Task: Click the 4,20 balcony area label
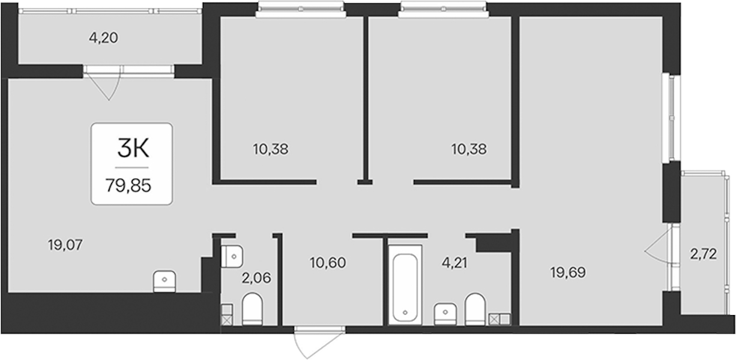[x=103, y=38]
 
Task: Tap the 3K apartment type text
[x=133, y=148]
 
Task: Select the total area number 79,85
[x=128, y=186]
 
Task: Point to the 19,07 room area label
[x=65, y=245]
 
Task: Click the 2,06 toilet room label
[x=256, y=278]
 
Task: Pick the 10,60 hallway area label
[x=328, y=263]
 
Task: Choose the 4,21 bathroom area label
[x=454, y=263]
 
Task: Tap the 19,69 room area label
[x=568, y=272]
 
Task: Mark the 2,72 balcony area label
[x=703, y=254]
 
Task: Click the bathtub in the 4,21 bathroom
[x=405, y=285]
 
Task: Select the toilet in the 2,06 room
[x=252, y=309]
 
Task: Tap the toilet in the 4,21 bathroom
[x=475, y=310]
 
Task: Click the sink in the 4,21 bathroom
[x=445, y=314]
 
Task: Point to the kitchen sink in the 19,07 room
[x=164, y=281]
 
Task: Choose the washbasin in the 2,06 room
[x=232, y=256]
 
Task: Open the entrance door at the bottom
[x=319, y=341]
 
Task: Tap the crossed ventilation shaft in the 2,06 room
[x=226, y=320]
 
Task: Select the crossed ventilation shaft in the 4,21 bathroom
[x=495, y=320]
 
